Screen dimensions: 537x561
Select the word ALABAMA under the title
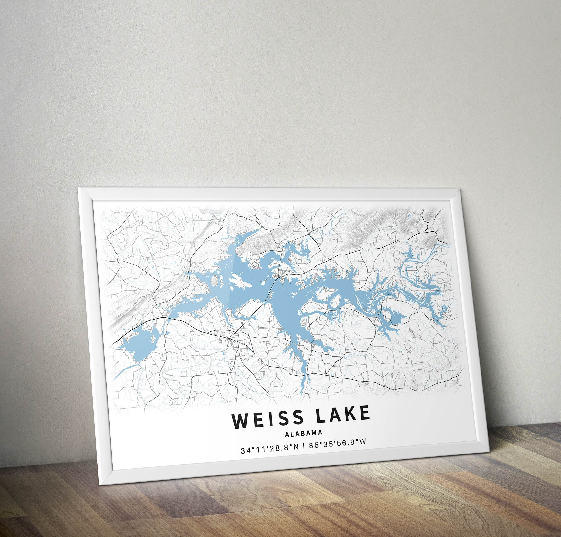click(x=303, y=433)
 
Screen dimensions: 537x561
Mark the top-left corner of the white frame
click(x=79, y=188)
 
